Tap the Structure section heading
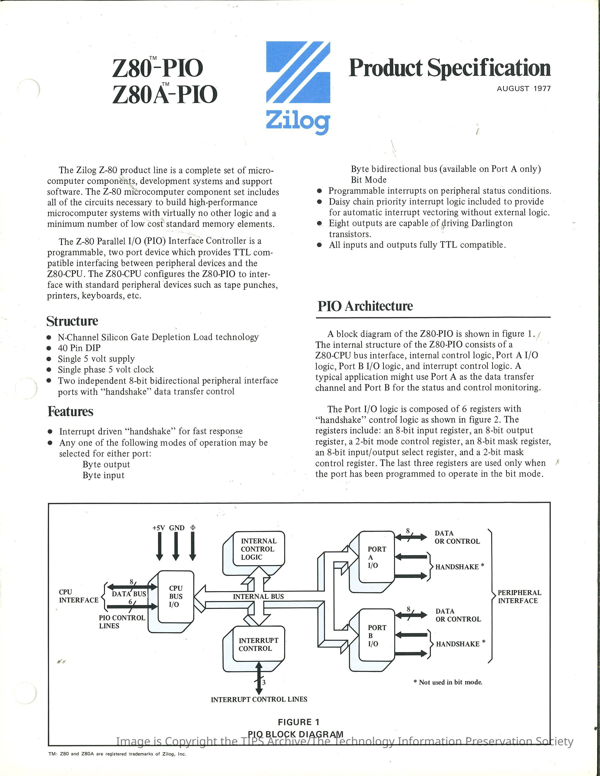(72, 321)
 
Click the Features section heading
(70, 411)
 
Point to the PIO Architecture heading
(365, 306)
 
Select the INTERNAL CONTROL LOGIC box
(258, 549)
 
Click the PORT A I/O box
(376, 557)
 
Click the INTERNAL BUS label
(258, 597)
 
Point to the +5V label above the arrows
(158, 528)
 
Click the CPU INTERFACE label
(78, 596)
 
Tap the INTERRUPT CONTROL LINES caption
(259, 699)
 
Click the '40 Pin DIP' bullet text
(79, 348)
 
